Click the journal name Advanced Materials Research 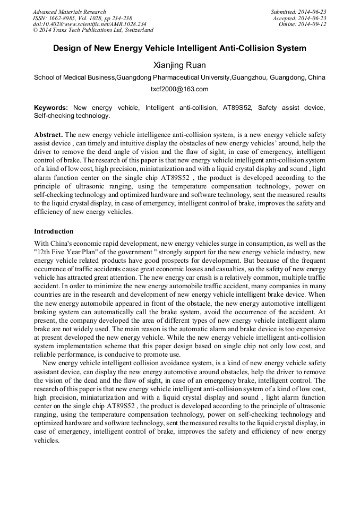[x=70, y=12]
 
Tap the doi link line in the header [x=89, y=24]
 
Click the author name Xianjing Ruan [x=179, y=65]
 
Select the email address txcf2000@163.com [x=179, y=89]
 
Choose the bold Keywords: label [x=51, y=108]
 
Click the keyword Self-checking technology [x=72, y=115]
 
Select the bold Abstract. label [x=48, y=135]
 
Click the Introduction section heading [x=54, y=231]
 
